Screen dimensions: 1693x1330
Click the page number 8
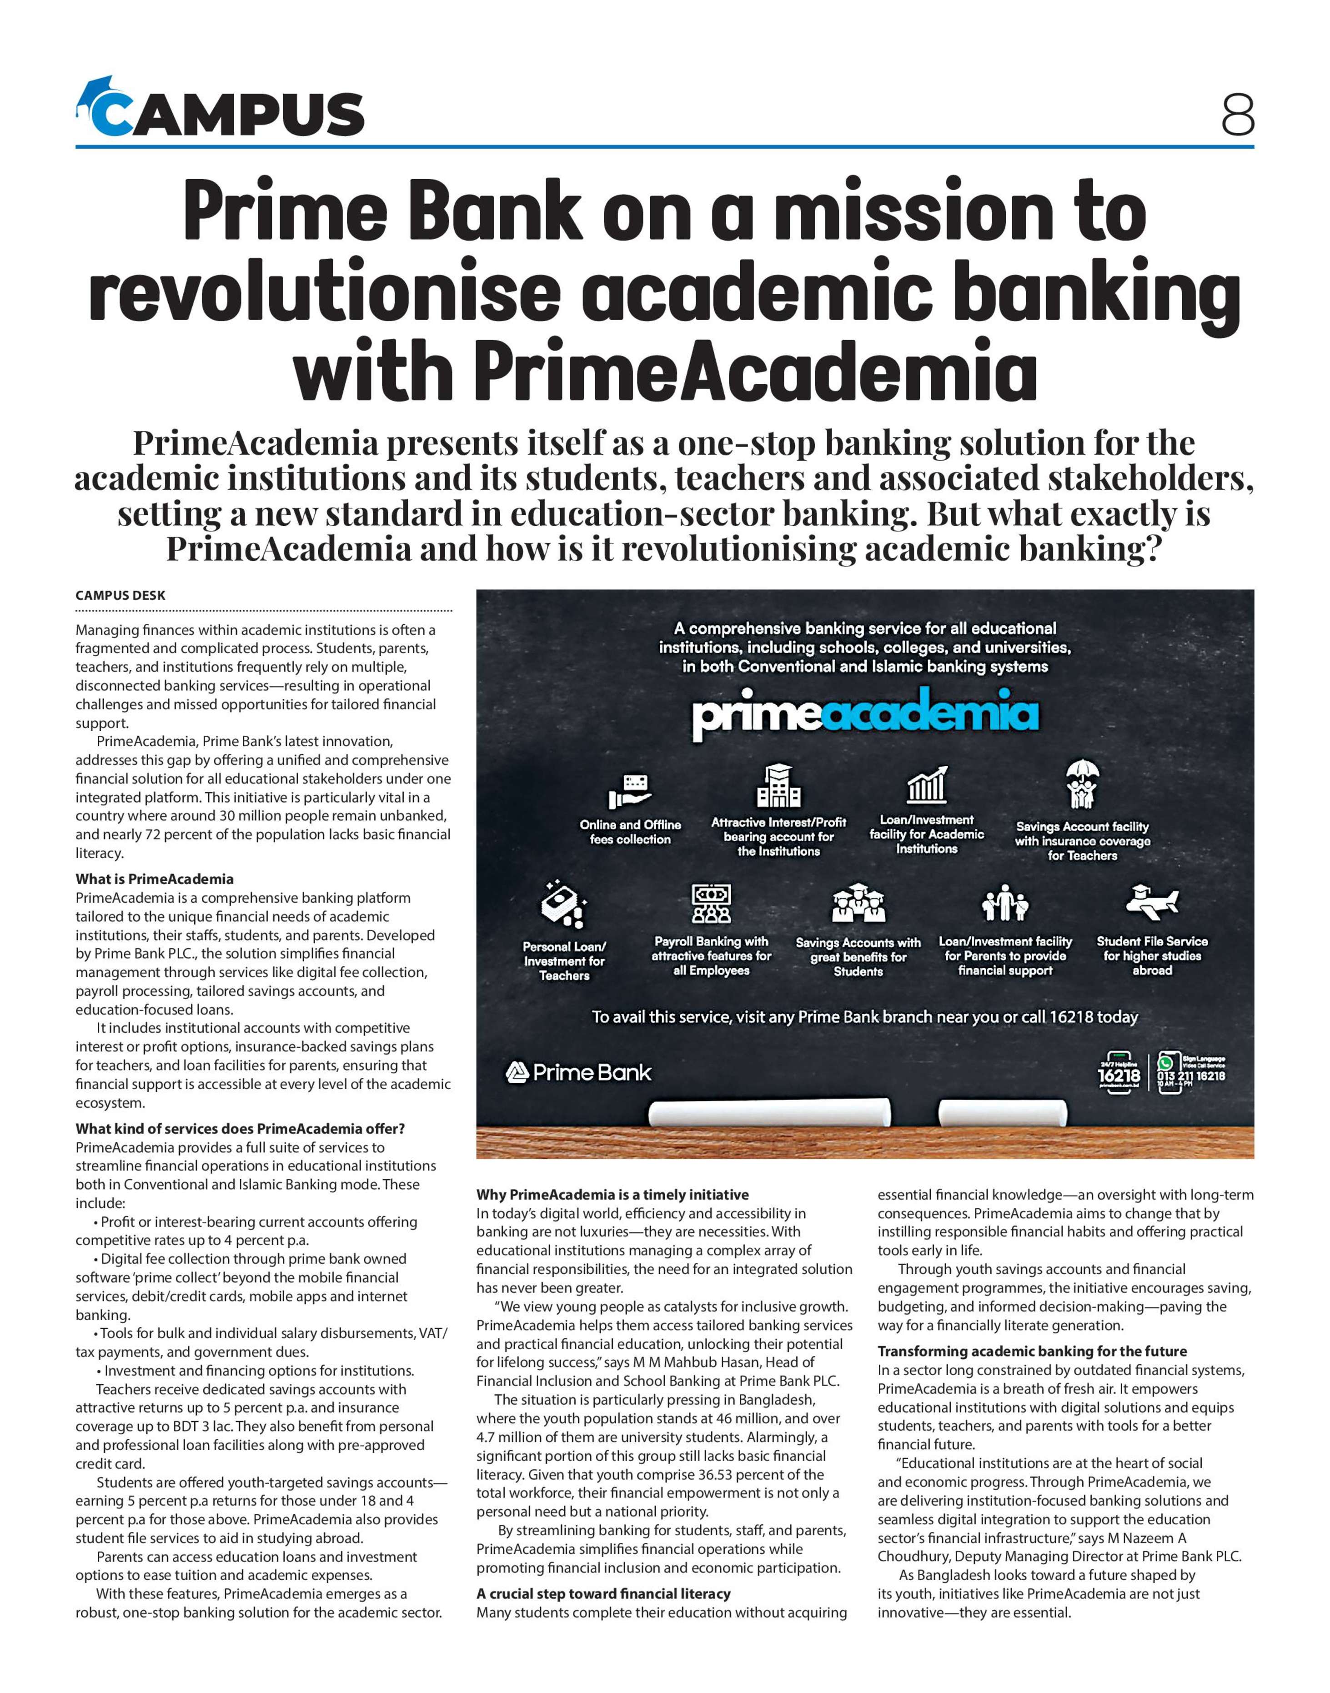point(1237,115)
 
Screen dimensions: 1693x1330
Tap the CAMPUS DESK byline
point(120,595)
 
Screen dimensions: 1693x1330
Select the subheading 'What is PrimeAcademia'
point(154,879)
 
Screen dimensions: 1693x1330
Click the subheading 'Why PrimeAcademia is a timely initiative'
point(612,1195)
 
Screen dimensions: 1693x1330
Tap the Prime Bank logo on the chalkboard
point(578,1073)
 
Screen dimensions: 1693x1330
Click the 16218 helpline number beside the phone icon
point(1118,1075)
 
